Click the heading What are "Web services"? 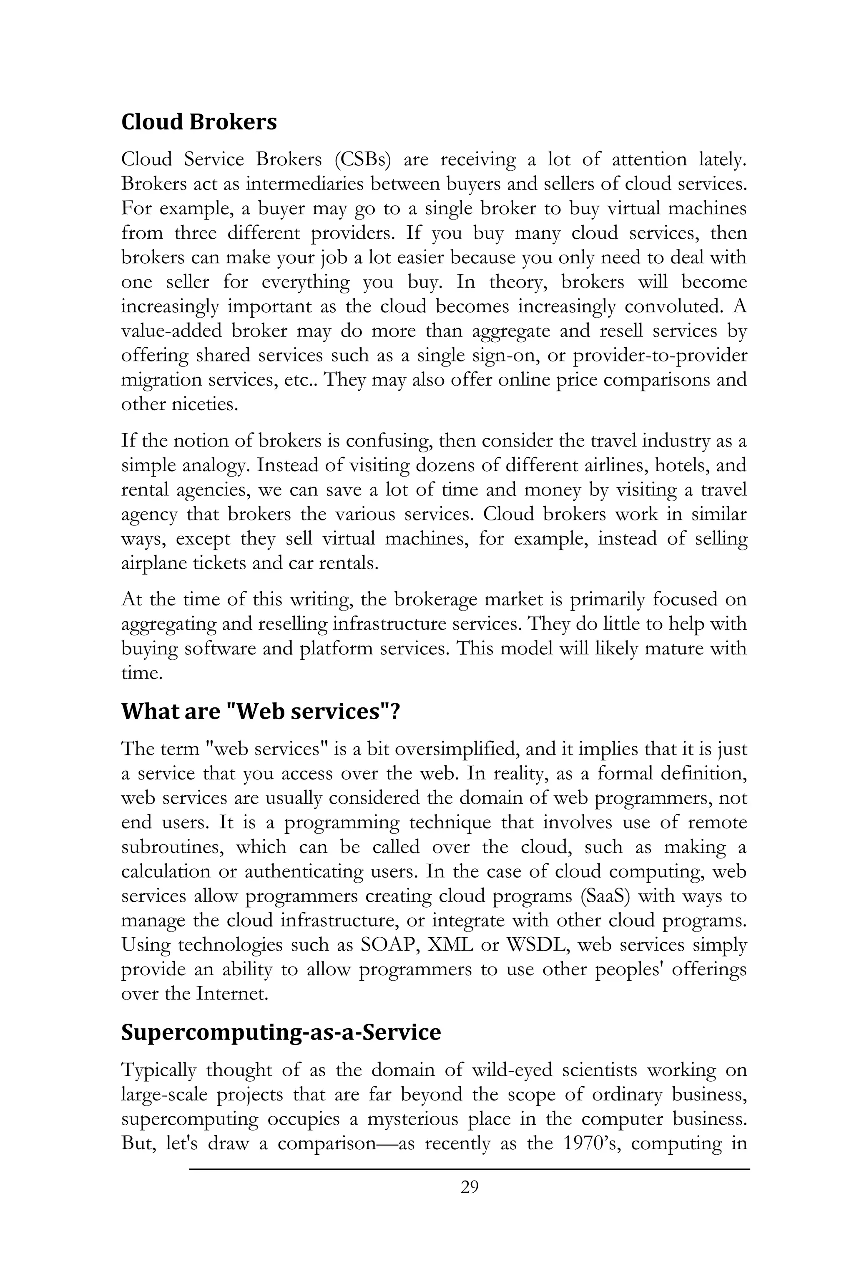click(260, 711)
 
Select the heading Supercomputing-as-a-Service click(281, 1032)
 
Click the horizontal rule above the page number click(469, 1168)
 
